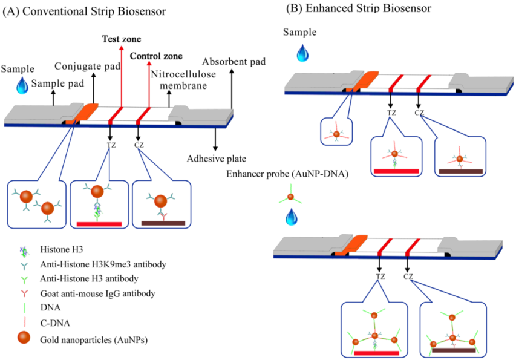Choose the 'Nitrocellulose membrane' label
[x=184, y=80]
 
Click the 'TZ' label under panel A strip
[x=109, y=145]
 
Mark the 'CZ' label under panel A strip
[x=139, y=145]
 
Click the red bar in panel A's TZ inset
[x=99, y=224]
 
